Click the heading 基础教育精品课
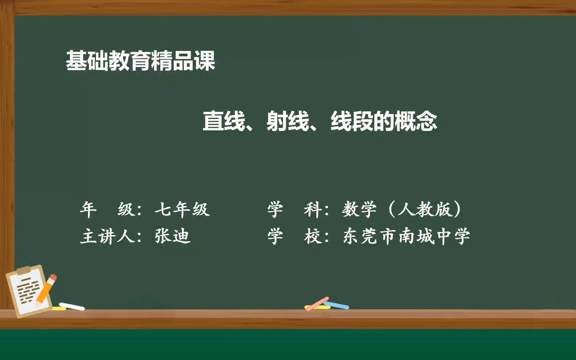click(x=140, y=61)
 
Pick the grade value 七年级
click(x=182, y=210)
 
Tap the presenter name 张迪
click(x=172, y=236)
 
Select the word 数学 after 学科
click(x=359, y=210)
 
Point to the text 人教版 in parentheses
click(x=425, y=210)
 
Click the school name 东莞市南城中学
click(x=406, y=236)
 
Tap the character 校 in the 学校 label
click(x=312, y=236)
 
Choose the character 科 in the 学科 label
click(x=312, y=210)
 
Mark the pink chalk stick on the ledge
click(x=317, y=304)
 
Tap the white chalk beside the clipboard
click(x=72, y=306)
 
